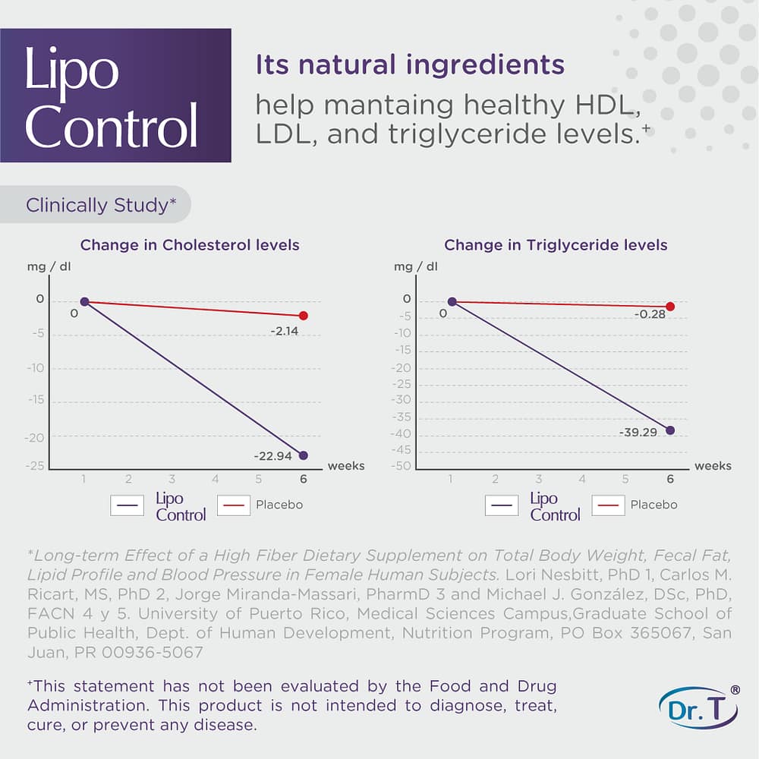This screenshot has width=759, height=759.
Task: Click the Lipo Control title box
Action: (x=115, y=95)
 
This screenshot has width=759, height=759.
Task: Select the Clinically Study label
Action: (x=96, y=205)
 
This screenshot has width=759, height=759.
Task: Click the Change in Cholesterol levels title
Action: (x=190, y=245)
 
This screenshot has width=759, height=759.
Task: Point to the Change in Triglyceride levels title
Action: (x=556, y=245)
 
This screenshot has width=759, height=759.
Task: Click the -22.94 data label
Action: (x=274, y=456)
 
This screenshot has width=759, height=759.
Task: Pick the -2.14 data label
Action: (x=285, y=331)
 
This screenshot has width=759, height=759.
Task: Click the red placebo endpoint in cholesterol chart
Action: (x=304, y=316)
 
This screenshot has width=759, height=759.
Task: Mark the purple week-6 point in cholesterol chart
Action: (x=304, y=455)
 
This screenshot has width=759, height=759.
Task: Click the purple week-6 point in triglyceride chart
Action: (x=670, y=430)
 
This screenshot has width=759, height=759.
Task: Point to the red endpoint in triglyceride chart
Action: (x=670, y=307)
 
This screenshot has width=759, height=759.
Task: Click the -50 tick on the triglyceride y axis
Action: (x=402, y=466)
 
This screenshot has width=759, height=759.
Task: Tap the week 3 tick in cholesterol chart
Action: (x=172, y=479)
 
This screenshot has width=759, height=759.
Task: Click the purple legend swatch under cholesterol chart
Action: (x=127, y=505)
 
